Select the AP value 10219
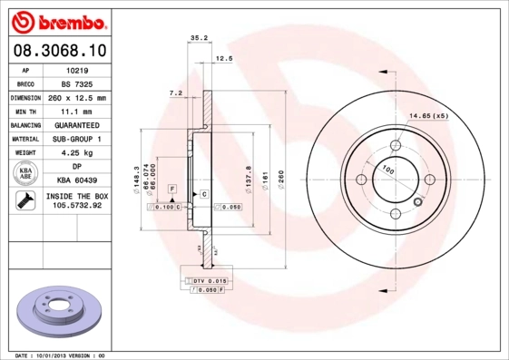pos(76,69)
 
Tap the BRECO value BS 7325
pos(76,83)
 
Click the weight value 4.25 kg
pos(76,153)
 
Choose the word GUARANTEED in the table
pos(76,124)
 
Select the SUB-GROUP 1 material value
pos(76,139)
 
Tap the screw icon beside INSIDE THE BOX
pos(25,201)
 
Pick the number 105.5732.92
pos(76,206)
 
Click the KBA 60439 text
pos(76,180)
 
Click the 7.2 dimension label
pos(176,93)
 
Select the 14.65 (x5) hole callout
pos(428,116)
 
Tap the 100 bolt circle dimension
pos(387,169)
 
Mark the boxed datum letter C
pos(204,194)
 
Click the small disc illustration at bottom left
pos(56,311)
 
